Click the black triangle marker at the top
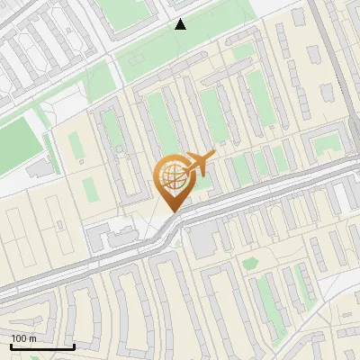(181, 24)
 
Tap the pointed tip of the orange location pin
(172, 212)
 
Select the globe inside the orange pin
(172, 177)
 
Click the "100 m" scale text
(24, 338)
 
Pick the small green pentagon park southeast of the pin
(249, 264)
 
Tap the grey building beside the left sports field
(40, 168)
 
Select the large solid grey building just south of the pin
(203, 238)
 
